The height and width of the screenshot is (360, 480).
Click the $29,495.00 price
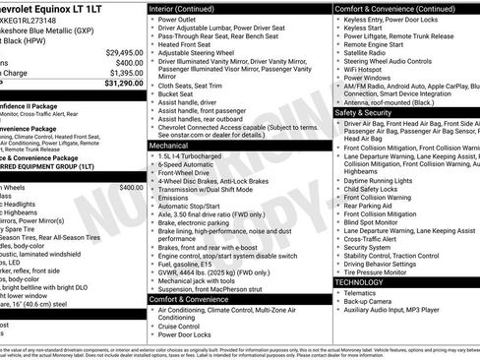click(124, 51)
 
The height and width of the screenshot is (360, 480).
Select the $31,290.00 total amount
click(124, 84)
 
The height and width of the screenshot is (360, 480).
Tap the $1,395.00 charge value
click(126, 73)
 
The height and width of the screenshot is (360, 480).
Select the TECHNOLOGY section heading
click(358, 281)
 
